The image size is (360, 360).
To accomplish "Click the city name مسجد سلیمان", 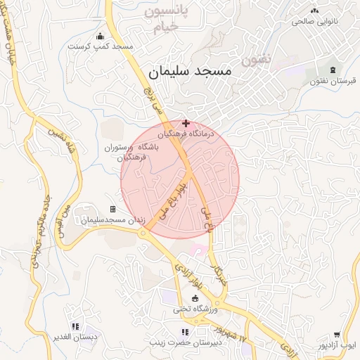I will (x=191, y=72).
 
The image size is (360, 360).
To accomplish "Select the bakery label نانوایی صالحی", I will (x=319, y=22).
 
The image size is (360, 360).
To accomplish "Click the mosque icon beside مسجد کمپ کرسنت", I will (x=100, y=36).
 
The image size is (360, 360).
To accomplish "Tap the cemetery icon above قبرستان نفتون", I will (x=333, y=70).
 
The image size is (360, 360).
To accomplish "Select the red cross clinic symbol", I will (x=186, y=123).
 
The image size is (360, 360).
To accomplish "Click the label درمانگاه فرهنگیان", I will (x=185, y=133).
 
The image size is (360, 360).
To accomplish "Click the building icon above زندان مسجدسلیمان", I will (x=112, y=210).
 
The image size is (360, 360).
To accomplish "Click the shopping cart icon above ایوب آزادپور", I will (x=337, y=335).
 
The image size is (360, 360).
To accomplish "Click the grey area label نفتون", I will (x=256, y=60).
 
